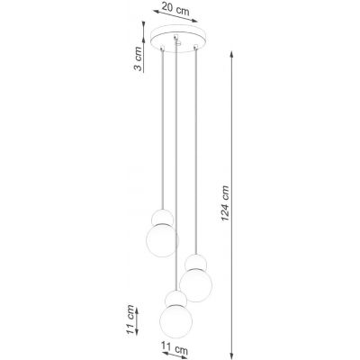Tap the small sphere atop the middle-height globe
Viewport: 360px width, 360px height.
[x=194, y=262]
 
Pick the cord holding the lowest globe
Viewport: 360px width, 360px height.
[x=172, y=171]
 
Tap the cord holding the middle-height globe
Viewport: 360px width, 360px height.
[x=193, y=153]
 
